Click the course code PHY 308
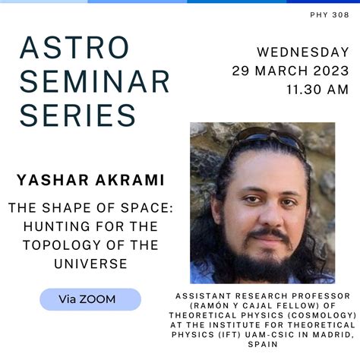tap(330, 15)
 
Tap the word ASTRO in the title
tap(74, 48)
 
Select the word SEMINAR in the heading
tap(94, 81)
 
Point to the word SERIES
tap(77, 115)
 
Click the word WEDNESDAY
tap(303, 52)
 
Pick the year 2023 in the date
tap(331, 71)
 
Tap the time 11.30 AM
tap(317, 90)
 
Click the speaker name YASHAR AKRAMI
tap(90, 180)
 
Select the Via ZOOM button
tap(90, 299)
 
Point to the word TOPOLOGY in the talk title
tap(62, 245)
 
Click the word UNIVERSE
tap(90, 264)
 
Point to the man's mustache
tap(269, 233)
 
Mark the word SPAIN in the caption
tap(263, 344)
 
